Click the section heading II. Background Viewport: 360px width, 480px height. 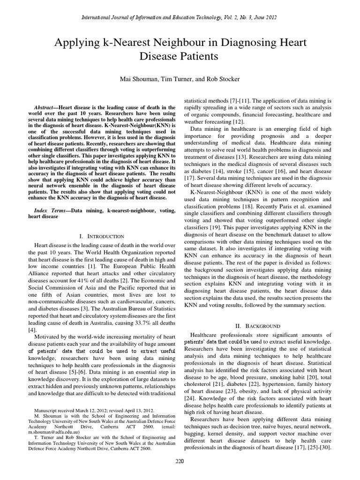pos(258,325)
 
